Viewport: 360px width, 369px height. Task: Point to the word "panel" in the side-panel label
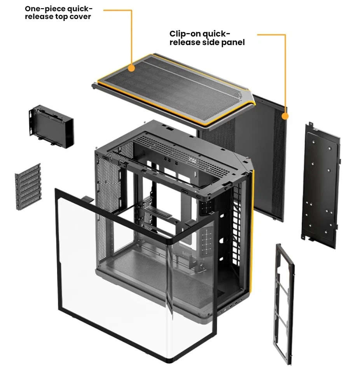[x=233, y=42]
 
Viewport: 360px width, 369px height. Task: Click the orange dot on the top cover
[x=132, y=68]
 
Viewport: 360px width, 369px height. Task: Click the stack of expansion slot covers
[x=28, y=186]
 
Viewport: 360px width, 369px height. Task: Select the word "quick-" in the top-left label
[x=80, y=9]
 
